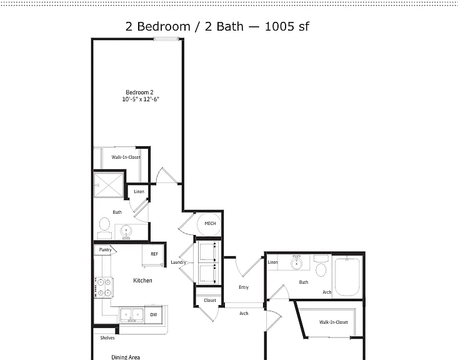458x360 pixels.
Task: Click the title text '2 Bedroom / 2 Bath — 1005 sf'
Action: pos(217,27)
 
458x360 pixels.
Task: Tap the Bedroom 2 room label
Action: pos(139,92)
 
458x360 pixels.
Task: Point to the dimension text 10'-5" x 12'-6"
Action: pos(141,99)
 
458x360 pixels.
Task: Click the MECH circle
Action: pos(209,224)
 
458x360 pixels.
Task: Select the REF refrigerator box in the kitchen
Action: pos(153,255)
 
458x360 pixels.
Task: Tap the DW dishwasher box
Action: pos(154,315)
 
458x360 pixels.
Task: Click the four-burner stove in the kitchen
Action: pos(104,287)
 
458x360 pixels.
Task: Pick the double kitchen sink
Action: pos(131,315)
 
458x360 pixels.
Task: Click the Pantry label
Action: pos(105,250)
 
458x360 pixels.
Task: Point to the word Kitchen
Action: pos(142,281)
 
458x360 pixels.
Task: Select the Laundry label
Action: pos(178,262)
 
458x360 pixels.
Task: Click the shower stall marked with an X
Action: pos(108,185)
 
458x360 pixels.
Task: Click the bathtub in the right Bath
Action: pos(347,277)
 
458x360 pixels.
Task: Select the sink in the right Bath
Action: pos(296,262)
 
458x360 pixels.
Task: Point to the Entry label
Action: pos(244,287)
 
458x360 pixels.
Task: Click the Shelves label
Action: pos(107,337)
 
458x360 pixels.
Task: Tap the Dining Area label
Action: pos(126,357)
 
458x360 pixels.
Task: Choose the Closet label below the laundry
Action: pos(210,301)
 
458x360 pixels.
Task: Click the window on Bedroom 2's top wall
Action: pos(166,39)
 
